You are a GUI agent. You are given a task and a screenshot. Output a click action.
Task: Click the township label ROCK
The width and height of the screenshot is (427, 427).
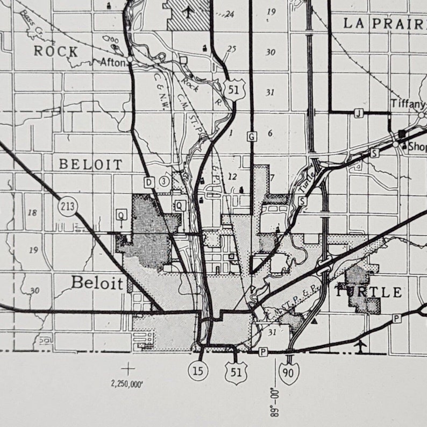point(56,52)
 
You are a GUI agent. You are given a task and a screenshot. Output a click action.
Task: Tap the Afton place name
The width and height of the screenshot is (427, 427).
point(112,62)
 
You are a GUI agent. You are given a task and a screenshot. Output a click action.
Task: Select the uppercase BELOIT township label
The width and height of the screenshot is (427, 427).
point(90,164)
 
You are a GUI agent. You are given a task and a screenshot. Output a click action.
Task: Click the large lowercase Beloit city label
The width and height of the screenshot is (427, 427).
point(97,283)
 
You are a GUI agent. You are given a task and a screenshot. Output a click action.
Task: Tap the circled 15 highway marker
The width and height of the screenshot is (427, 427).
point(198,370)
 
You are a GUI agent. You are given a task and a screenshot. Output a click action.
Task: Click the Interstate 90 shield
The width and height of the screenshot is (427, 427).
point(289,374)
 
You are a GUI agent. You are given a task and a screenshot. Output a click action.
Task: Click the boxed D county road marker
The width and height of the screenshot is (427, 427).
point(149,181)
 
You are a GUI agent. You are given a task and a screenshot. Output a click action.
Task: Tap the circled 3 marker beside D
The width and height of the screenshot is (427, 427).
point(164,181)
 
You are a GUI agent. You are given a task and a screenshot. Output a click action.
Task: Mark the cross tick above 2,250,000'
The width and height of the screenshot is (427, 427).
point(128,369)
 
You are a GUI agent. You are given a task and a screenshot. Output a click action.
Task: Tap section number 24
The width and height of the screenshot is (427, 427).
point(230,14)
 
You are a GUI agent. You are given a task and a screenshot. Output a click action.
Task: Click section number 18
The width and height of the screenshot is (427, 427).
point(32,212)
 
